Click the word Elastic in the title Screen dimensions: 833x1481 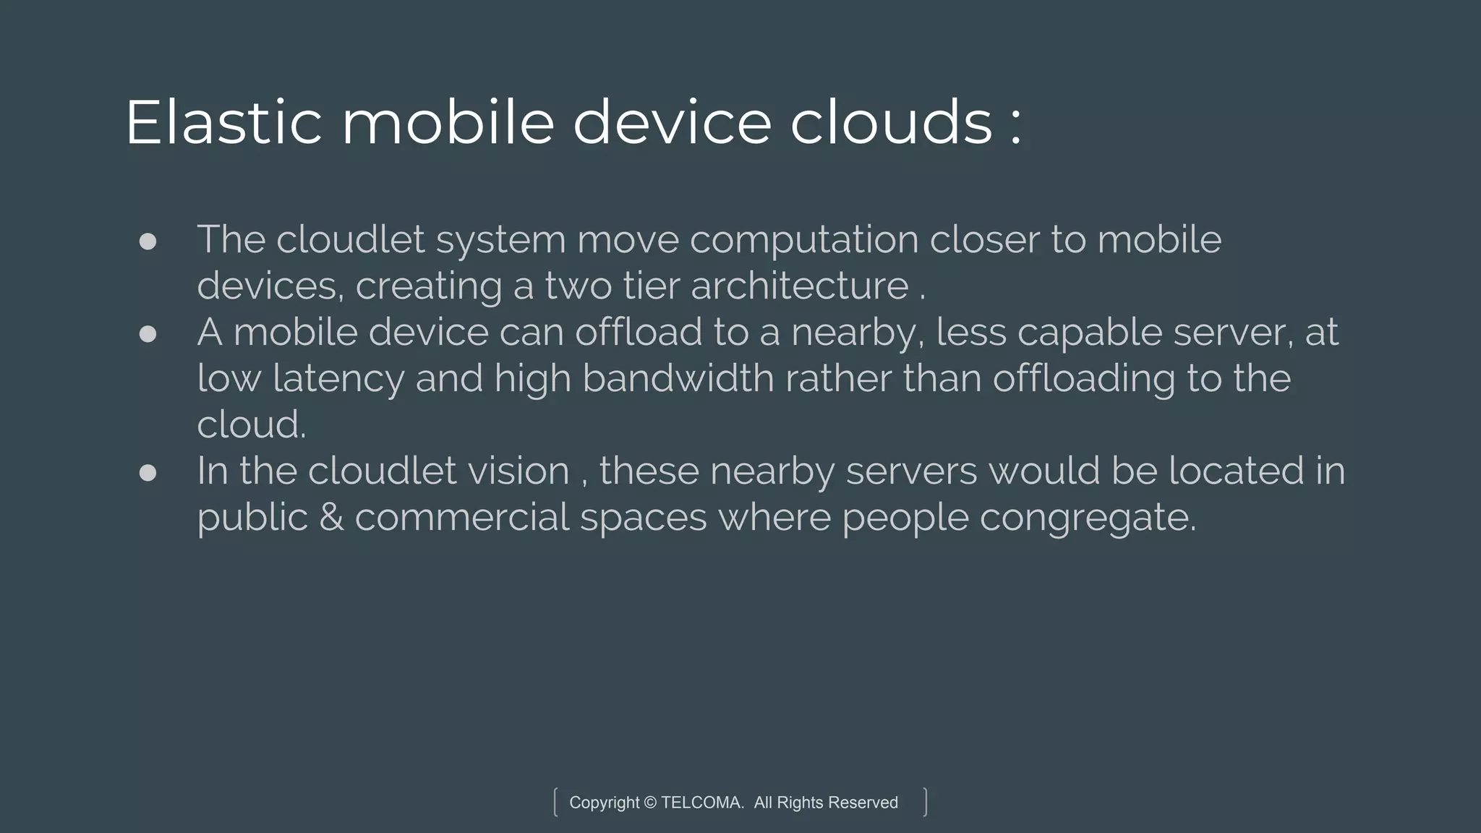point(223,123)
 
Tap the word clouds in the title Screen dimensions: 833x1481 point(891,123)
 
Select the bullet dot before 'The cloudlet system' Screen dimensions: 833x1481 point(148,242)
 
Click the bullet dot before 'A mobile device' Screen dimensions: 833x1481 point(148,333)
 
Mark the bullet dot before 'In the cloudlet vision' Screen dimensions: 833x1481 point(148,473)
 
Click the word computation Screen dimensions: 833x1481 point(803,241)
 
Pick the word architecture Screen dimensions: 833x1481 point(799,286)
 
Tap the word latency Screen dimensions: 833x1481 point(338,379)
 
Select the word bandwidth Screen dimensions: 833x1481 point(678,379)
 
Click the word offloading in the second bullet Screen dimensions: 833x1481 point(1083,379)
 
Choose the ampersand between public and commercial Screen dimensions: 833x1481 point(330,518)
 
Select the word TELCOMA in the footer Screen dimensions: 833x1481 point(701,803)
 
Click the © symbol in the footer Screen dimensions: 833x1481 point(650,803)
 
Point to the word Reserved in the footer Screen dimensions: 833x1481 point(863,803)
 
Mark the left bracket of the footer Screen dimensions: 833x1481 point(555,803)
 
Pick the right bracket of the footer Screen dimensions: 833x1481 point(926,803)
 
